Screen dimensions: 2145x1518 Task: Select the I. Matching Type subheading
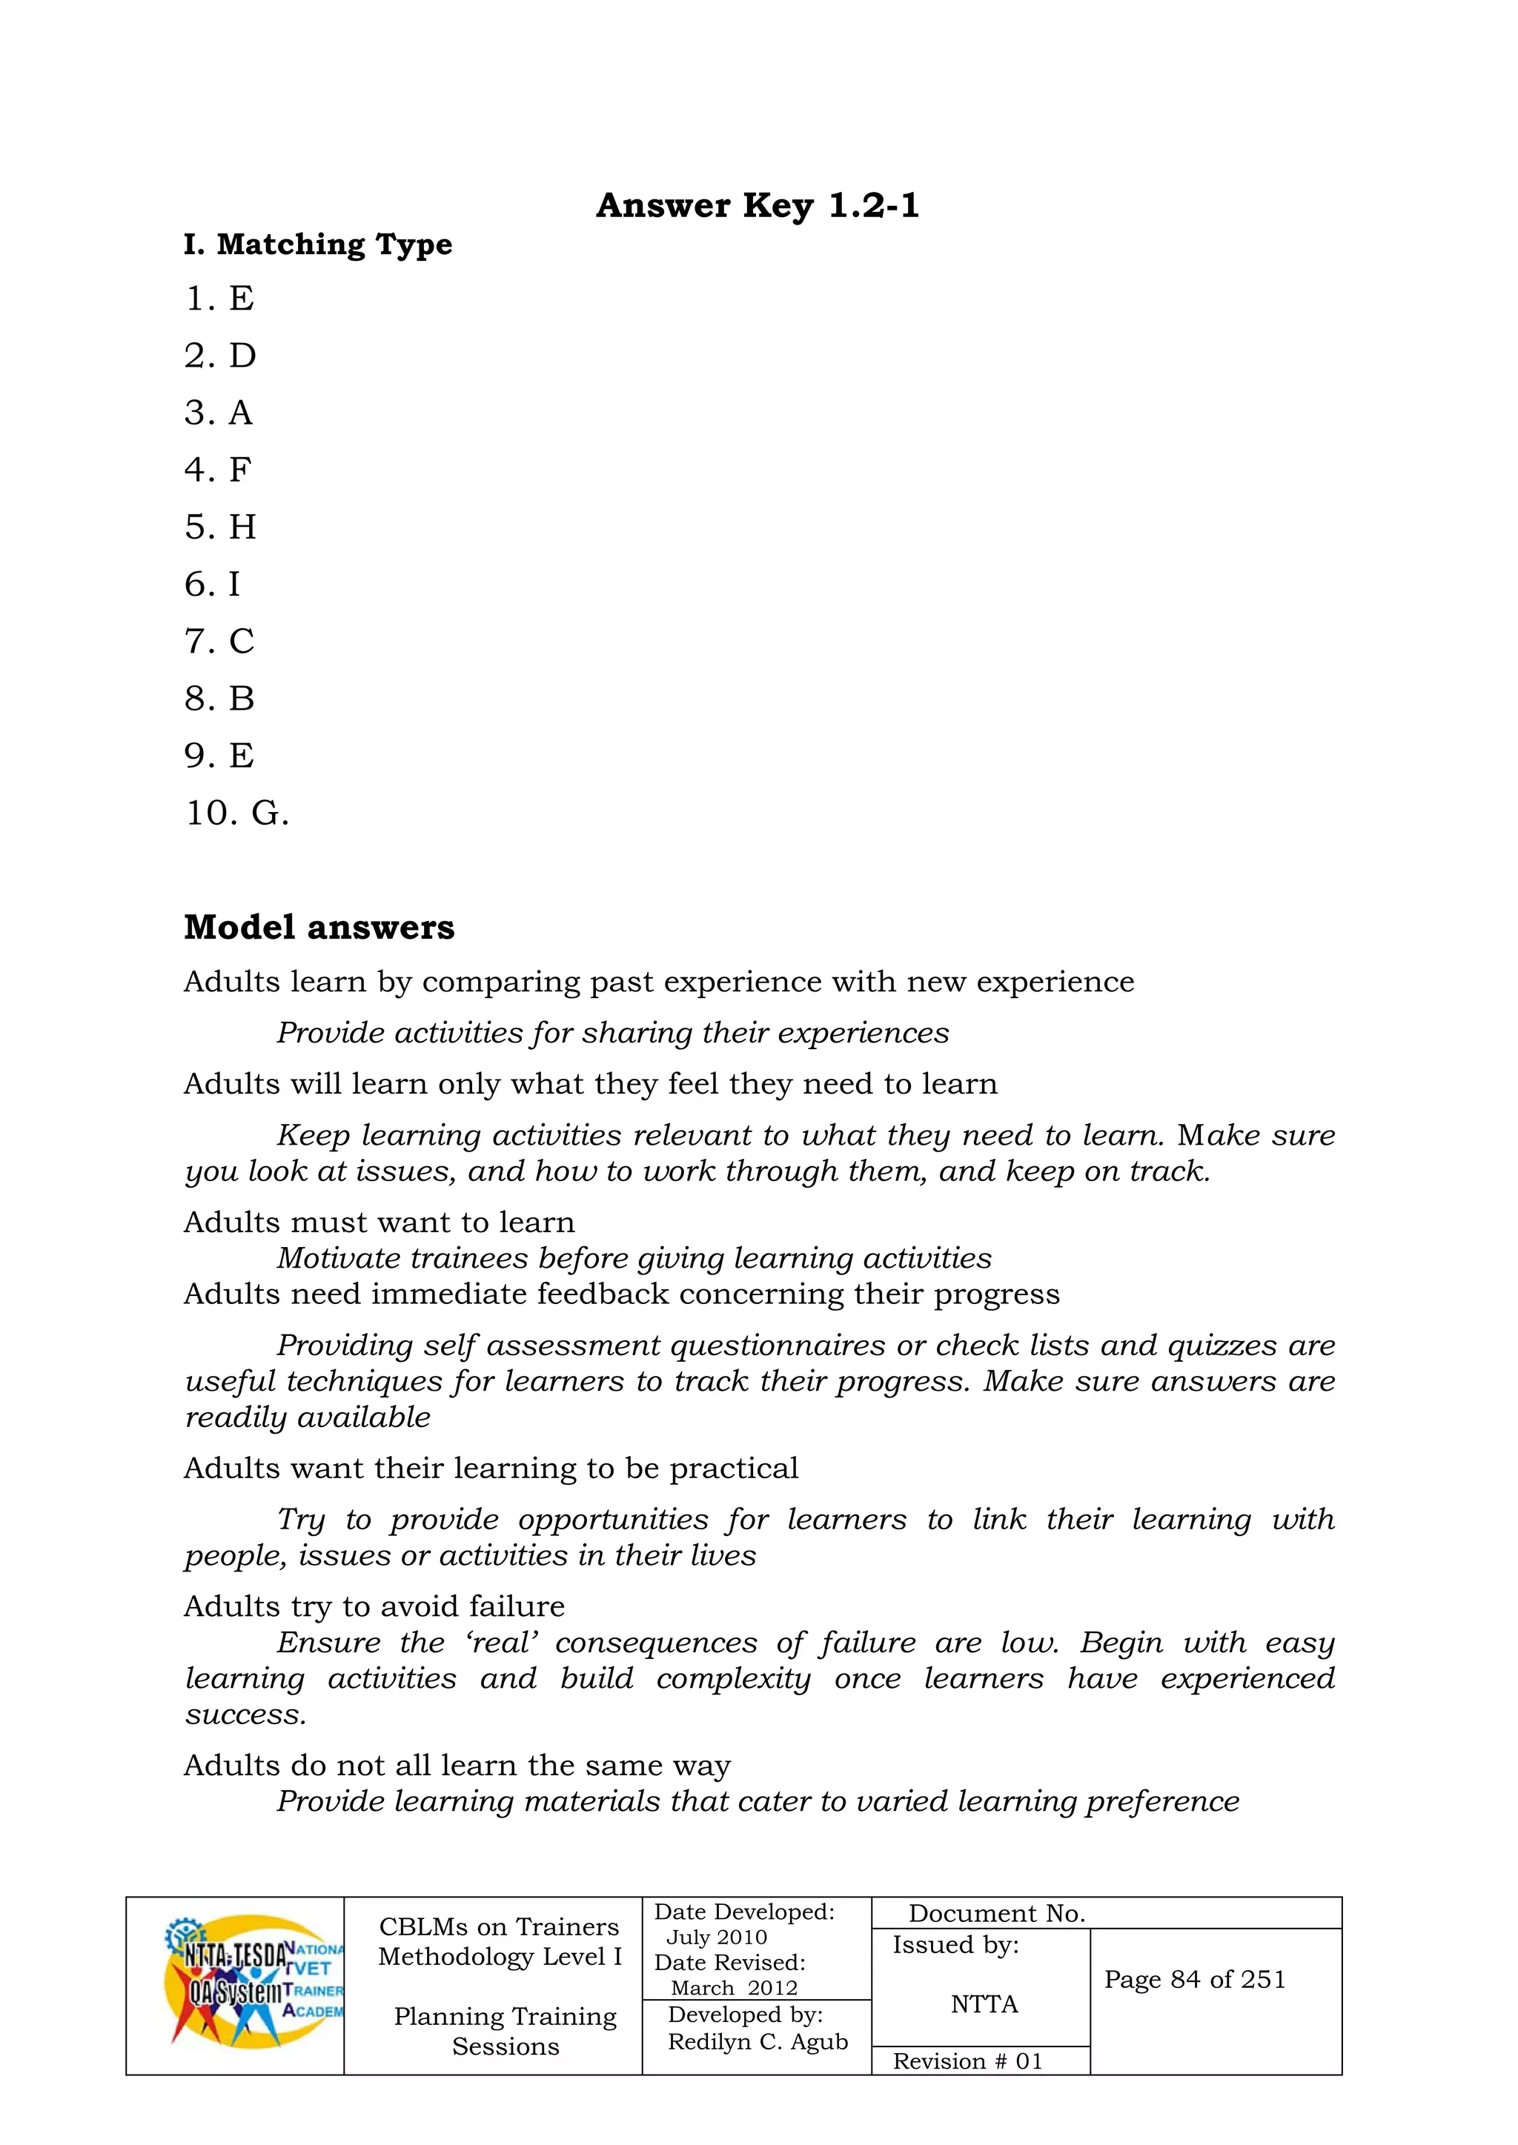[318, 245]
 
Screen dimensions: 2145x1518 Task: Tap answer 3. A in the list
[219, 413]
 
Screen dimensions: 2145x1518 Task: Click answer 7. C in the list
[219, 641]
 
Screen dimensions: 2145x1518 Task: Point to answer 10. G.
[236, 813]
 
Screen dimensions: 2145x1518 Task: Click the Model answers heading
[319, 928]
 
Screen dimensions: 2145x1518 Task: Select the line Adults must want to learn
[379, 1222]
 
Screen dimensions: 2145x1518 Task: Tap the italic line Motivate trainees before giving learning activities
[634, 1258]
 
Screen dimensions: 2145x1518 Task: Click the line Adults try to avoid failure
[374, 1606]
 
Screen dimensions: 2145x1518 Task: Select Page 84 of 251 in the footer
[1195, 1980]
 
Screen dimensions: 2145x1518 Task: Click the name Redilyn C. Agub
[757, 2042]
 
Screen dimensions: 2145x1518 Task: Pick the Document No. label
[996, 1913]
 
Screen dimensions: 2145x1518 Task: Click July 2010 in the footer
[716, 1938]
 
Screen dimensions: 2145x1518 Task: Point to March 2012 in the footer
[734, 1988]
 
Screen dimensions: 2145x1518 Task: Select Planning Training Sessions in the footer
[505, 2031]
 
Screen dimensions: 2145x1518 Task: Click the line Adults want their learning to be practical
[491, 1468]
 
